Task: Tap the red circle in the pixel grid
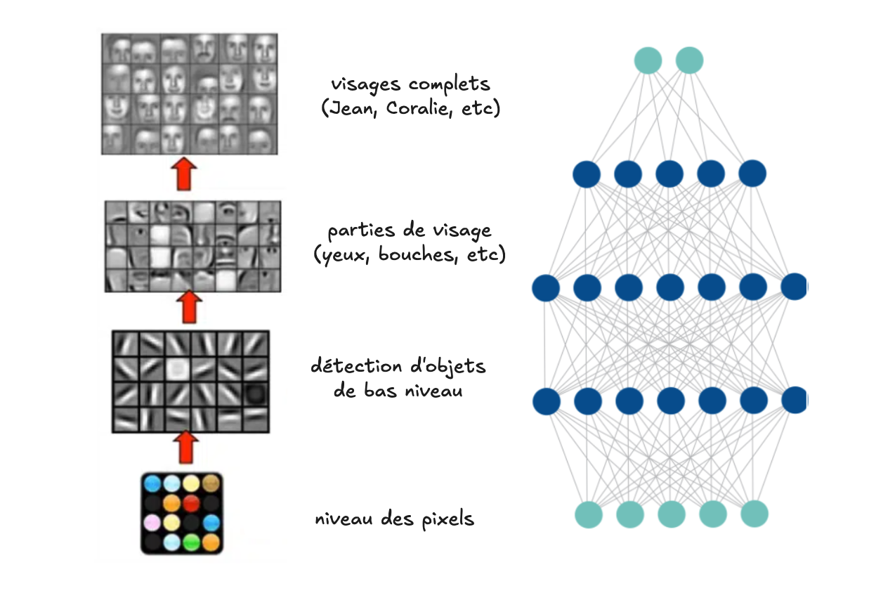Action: pos(190,503)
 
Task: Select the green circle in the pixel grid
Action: pos(190,542)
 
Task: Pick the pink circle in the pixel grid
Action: pos(152,522)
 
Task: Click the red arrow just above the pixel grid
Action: pos(185,447)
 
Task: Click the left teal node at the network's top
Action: pos(648,60)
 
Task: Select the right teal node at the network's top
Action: pos(689,60)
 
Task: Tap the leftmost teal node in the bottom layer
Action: pos(589,514)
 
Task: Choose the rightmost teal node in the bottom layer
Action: pos(754,514)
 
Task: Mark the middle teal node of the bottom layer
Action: pos(672,514)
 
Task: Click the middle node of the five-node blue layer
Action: pos(669,174)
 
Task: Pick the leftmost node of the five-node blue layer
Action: pos(587,174)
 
